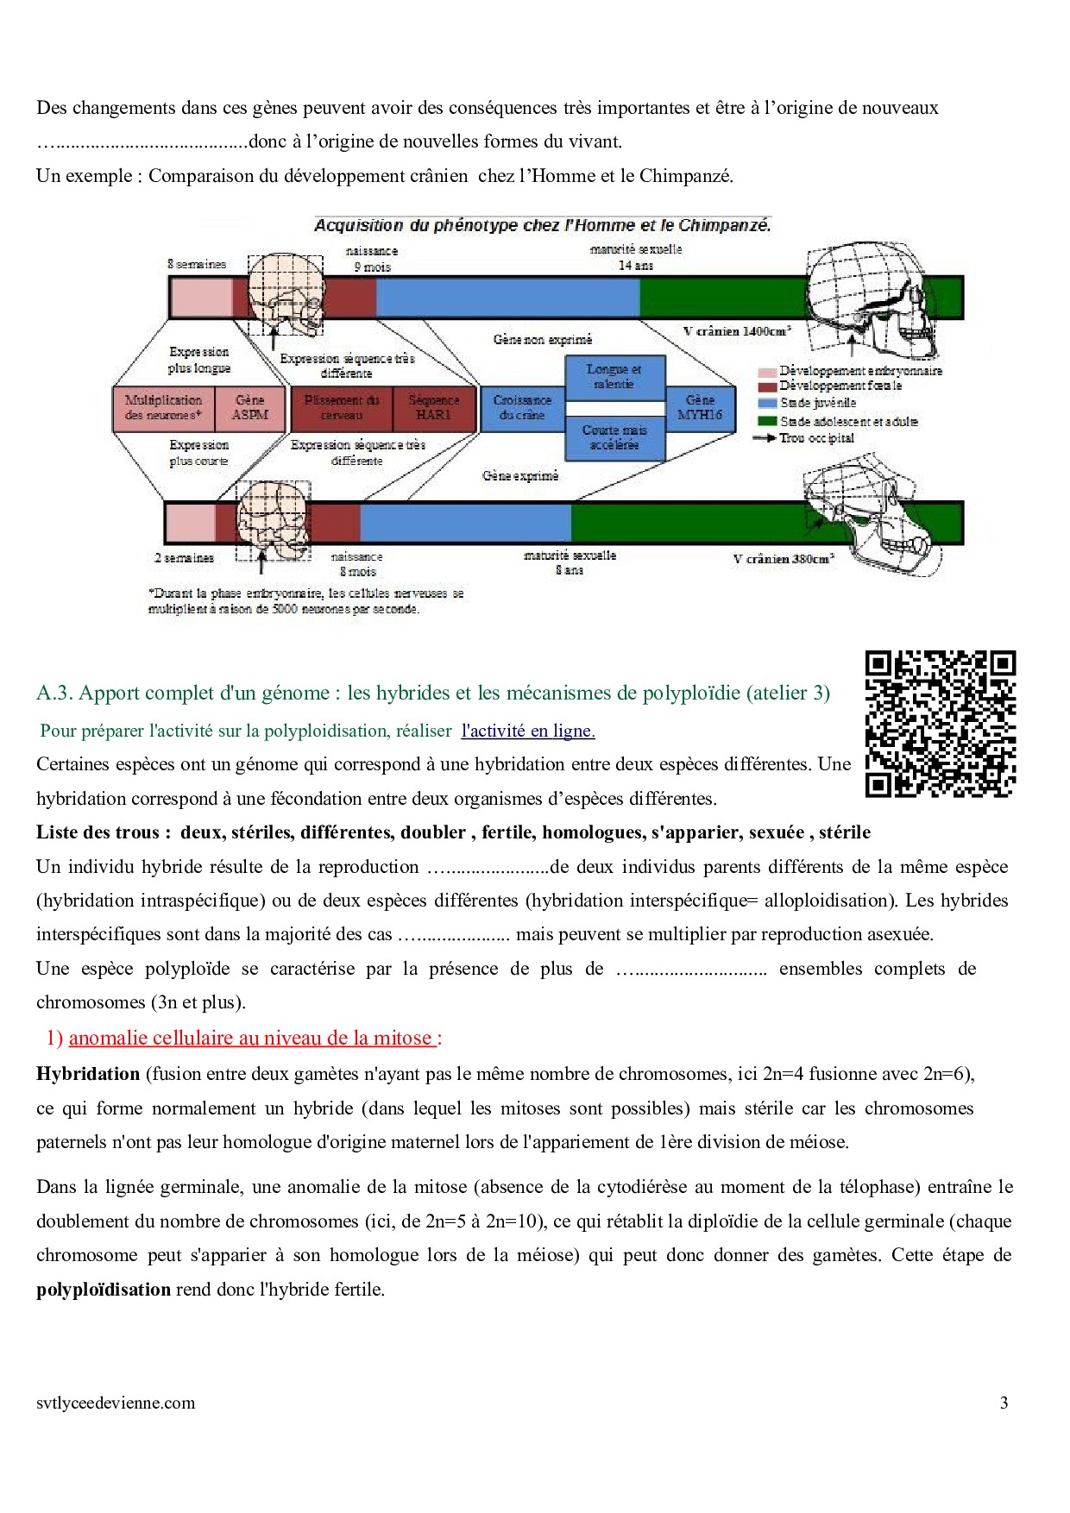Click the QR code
click(x=940, y=725)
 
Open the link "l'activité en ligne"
click(x=528, y=731)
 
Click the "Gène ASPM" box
click(x=250, y=408)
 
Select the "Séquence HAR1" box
click(x=433, y=408)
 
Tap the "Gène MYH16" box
click(x=700, y=408)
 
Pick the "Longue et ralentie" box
click(x=614, y=377)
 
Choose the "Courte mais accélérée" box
click(x=614, y=437)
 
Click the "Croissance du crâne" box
click(x=522, y=408)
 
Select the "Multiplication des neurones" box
click(x=163, y=408)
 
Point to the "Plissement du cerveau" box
click(x=342, y=408)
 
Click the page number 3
click(x=1004, y=1403)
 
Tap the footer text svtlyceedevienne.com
click(x=116, y=1403)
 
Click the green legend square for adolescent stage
click(x=767, y=421)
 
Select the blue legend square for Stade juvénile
click(x=767, y=403)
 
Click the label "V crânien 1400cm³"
click(x=737, y=331)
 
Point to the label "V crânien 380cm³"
click(x=784, y=559)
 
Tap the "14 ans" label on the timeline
click(x=636, y=266)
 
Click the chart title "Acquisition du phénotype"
click(x=542, y=226)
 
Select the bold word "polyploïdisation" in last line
click(x=104, y=1290)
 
